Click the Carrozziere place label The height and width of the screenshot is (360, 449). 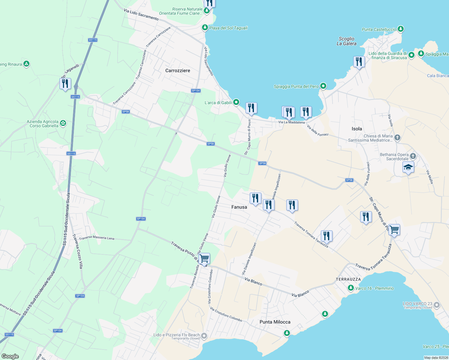[178, 70]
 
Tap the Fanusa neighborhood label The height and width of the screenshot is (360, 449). [239, 207]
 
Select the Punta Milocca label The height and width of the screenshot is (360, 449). [275, 322]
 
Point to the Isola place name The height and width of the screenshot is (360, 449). [357, 129]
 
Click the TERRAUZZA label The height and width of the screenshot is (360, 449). [348, 279]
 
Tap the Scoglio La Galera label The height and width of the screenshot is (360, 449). [346, 41]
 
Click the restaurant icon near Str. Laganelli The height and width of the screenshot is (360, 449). [65, 84]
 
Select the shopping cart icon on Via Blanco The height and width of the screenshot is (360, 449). [204, 259]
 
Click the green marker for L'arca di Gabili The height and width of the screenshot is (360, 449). [236, 102]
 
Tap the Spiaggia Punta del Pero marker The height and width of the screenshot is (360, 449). [323, 86]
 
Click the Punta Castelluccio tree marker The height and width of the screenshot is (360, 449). [400, 29]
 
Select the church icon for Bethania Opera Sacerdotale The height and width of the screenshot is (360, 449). [413, 156]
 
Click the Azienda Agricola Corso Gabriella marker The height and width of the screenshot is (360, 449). [63, 123]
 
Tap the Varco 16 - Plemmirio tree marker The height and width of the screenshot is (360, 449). [351, 288]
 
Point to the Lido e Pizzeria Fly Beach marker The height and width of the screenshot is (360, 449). [204, 336]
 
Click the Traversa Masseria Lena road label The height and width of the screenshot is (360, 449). [96, 238]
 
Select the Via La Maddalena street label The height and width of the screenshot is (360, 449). [291, 122]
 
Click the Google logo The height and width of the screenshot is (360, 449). [10, 356]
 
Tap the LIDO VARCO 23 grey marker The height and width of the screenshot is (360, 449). [437, 305]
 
